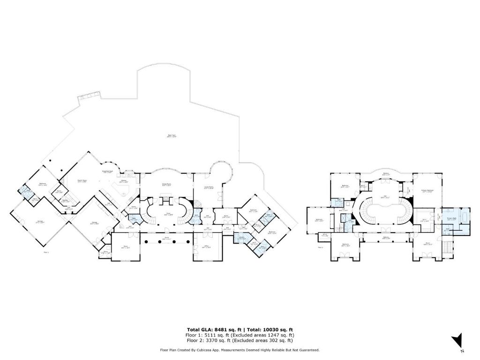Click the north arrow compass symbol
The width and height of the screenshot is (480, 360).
458,340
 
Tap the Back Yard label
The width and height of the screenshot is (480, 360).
172,136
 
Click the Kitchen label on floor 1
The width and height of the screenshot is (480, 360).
124,181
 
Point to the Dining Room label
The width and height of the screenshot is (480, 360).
166,185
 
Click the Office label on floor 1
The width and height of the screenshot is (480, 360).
206,247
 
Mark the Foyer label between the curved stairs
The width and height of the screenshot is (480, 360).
167,214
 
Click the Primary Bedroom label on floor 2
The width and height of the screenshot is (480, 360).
426,191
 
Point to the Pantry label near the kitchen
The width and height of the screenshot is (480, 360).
133,207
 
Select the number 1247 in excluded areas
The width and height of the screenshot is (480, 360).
272,335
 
